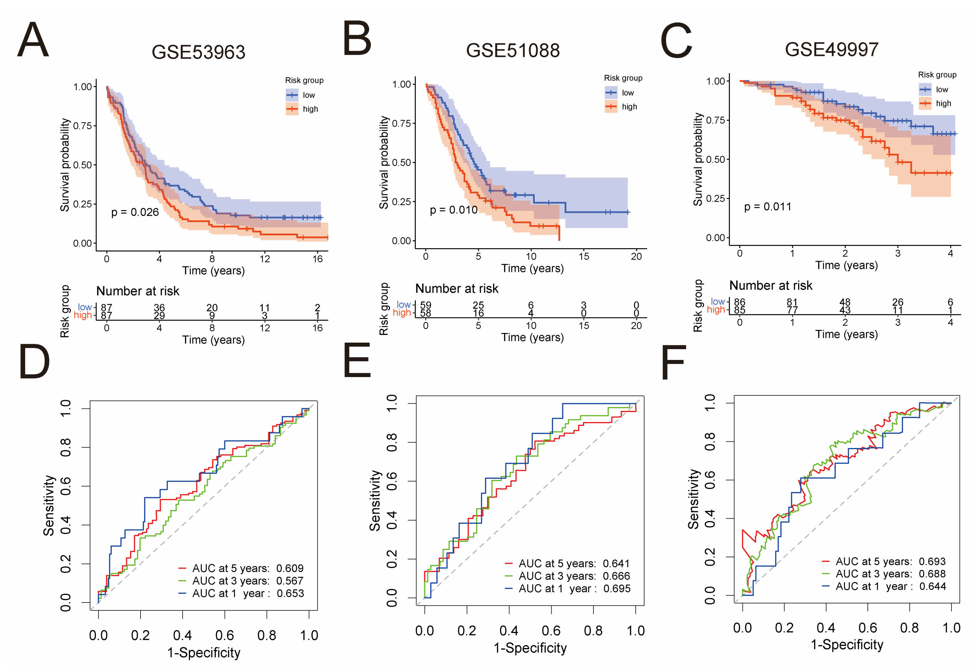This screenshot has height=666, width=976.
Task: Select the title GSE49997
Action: click(x=831, y=49)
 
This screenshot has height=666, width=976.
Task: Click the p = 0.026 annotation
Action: click(x=135, y=212)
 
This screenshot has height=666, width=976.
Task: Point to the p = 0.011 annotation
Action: click(x=767, y=207)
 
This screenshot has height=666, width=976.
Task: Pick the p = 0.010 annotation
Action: click(x=454, y=210)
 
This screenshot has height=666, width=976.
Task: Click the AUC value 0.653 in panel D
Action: click(x=290, y=594)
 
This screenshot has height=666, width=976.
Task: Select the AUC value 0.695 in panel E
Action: click(x=617, y=589)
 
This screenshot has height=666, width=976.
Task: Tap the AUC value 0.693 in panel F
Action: click(x=932, y=561)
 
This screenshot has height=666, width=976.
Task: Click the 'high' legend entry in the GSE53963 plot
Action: click(x=310, y=109)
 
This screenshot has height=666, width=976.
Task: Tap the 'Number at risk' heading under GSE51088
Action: click(x=457, y=289)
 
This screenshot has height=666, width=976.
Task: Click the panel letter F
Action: click(x=673, y=362)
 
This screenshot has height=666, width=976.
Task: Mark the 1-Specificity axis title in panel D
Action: click(x=204, y=653)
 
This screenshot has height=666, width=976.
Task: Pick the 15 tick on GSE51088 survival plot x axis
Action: click(x=584, y=256)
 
